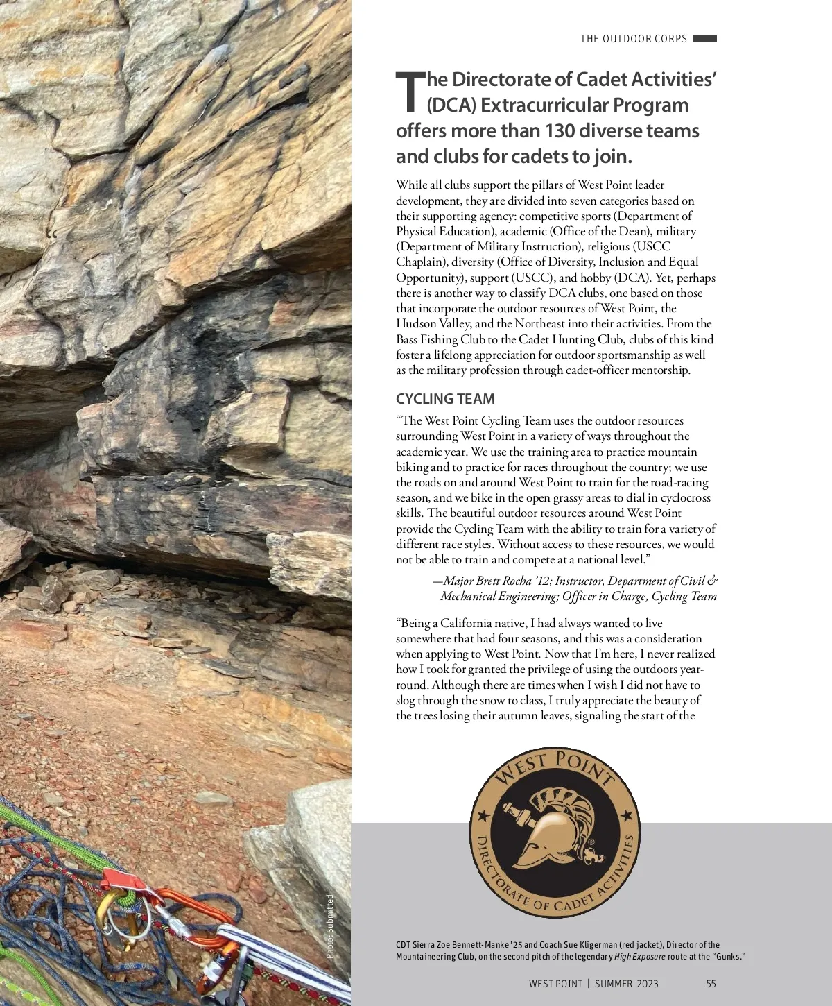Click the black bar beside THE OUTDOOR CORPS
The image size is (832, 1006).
(704, 39)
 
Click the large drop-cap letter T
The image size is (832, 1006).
(409, 91)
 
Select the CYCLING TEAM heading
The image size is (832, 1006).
(445, 399)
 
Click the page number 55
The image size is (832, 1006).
(711, 984)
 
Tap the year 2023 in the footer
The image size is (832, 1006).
(647, 984)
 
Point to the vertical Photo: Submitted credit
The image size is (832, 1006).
(331, 926)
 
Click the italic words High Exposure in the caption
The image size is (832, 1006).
(639, 957)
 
